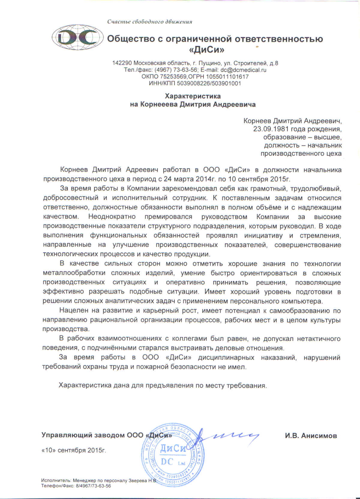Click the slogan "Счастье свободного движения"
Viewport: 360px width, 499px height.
click(x=150, y=22)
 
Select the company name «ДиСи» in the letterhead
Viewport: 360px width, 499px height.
click(x=207, y=50)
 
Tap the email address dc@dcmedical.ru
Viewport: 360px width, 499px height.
click(x=243, y=70)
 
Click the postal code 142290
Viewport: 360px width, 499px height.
click(x=122, y=63)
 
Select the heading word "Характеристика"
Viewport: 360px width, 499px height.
click(x=193, y=96)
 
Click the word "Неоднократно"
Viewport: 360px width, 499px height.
click(x=112, y=217)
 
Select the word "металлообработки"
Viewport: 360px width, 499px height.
click(x=74, y=273)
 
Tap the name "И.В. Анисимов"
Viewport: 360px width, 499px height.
click(x=311, y=436)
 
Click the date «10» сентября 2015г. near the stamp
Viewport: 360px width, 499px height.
click(x=74, y=450)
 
